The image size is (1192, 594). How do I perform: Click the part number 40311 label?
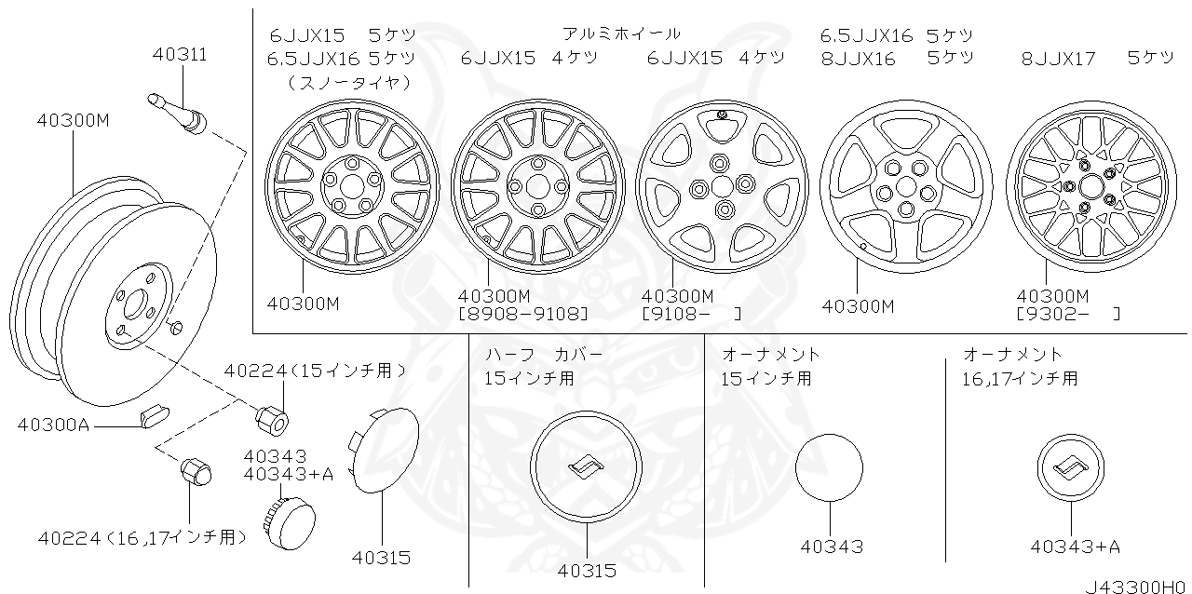(x=179, y=55)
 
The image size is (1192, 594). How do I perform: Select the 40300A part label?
(x=52, y=425)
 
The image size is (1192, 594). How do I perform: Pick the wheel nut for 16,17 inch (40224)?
(x=194, y=473)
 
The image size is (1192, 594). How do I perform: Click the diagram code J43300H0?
(x=1136, y=587)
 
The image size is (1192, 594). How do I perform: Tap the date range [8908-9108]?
(x=523, y=314)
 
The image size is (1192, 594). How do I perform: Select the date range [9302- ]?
(x=1068, y=314)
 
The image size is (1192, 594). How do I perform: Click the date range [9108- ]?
(x=691, y=314)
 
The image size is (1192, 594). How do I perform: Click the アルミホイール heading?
(x=621, y=34)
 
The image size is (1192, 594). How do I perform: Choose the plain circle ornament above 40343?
(x=829, y=467)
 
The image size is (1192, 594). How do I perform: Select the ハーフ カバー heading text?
(x=544, y=355)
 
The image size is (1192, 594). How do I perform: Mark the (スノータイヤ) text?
(x=348, y=82)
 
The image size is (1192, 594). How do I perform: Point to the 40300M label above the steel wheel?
(x=74, y=120)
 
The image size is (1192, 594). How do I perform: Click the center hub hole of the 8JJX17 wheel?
(x=1087, y=186)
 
